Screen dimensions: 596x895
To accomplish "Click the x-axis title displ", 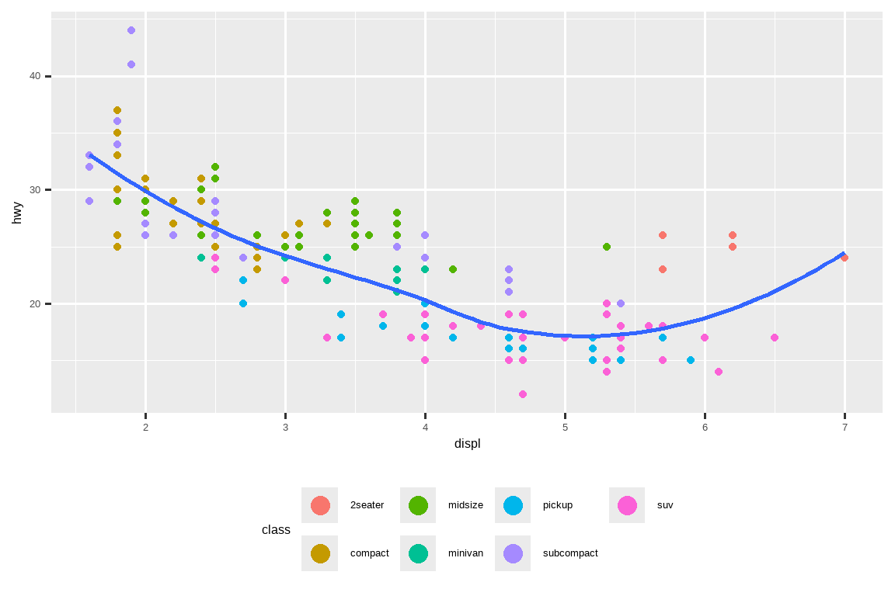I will point(467,444).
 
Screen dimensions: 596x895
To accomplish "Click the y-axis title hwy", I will point(17,213).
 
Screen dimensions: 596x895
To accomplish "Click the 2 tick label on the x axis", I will point(145,428).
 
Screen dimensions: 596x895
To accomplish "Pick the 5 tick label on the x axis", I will point(565,428).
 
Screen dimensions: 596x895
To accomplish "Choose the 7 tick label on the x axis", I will point(845,428).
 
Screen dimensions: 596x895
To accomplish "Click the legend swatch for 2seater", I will point(320,505).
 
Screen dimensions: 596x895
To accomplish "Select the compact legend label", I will point(369,553).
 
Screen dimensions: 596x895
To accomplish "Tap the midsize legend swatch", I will point(418,505).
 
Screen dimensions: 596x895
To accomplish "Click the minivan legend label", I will point(465,553).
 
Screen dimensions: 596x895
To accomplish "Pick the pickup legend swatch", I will point(513,505).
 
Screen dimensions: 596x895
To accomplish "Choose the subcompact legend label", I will point(570,553).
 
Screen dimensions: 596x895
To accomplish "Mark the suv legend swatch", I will point(627,505).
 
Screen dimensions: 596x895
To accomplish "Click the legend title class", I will point(276,530).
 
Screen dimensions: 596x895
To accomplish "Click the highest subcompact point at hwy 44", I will point(131,30).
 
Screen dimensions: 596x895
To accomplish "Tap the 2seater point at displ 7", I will point(845,258).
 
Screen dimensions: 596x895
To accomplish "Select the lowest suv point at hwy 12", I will point(523,394).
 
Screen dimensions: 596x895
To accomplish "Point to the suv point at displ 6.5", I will point(775,338).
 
